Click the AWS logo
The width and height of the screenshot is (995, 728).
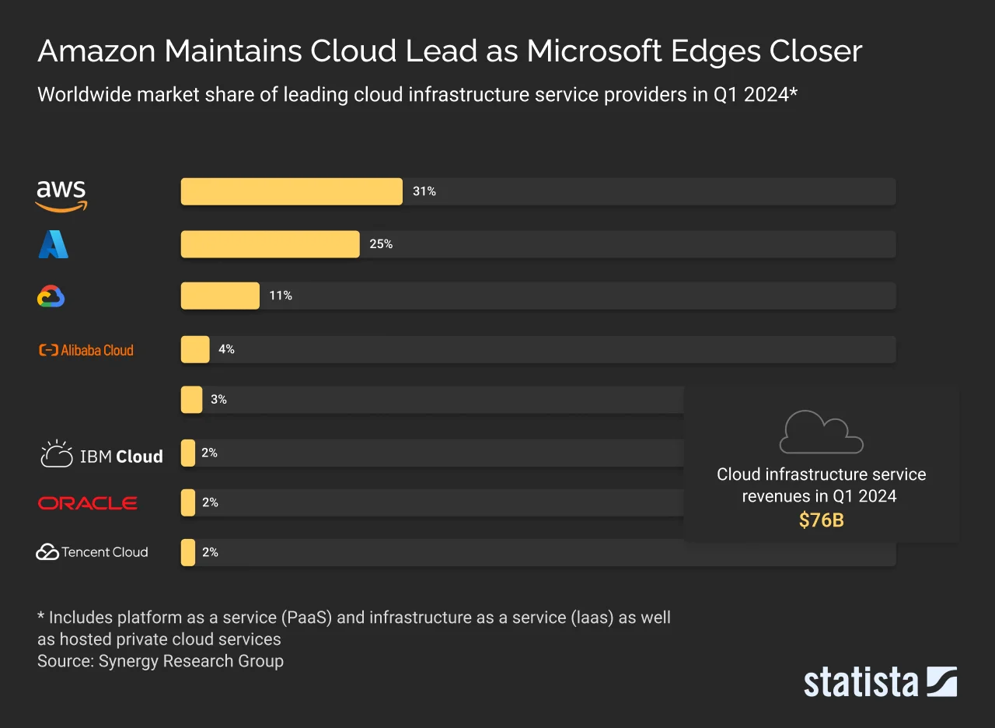(x=61, y=194)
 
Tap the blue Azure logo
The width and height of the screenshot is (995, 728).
(x=53, y=244)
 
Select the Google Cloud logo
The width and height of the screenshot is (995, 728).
(x=51, y=296)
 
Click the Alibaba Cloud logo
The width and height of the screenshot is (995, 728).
(x=86, y=350)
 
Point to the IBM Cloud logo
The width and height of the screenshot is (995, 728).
(x=101, y=455)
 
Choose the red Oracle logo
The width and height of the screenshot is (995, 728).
(x=87, y=503)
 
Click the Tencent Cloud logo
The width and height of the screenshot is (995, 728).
(x=92, y=552)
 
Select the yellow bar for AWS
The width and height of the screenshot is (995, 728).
(x=292, y=191)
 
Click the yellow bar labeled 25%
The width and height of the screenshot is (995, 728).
(x=270, y=244)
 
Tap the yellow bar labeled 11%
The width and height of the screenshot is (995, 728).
(x=220, y=296)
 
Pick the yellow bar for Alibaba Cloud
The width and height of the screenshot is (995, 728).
(x=195, y=349)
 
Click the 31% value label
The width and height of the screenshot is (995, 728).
(x=424, y=191)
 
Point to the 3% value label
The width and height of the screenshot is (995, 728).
(x=218, y=399)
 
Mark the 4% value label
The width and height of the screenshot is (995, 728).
(x=226, y=349)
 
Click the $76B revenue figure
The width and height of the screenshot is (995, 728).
(x=821, y=520)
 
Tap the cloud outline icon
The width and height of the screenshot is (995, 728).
(x=821, y=432)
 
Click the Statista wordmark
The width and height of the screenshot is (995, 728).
(x=861, y=681)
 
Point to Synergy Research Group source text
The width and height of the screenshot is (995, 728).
(x=190, y=661)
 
